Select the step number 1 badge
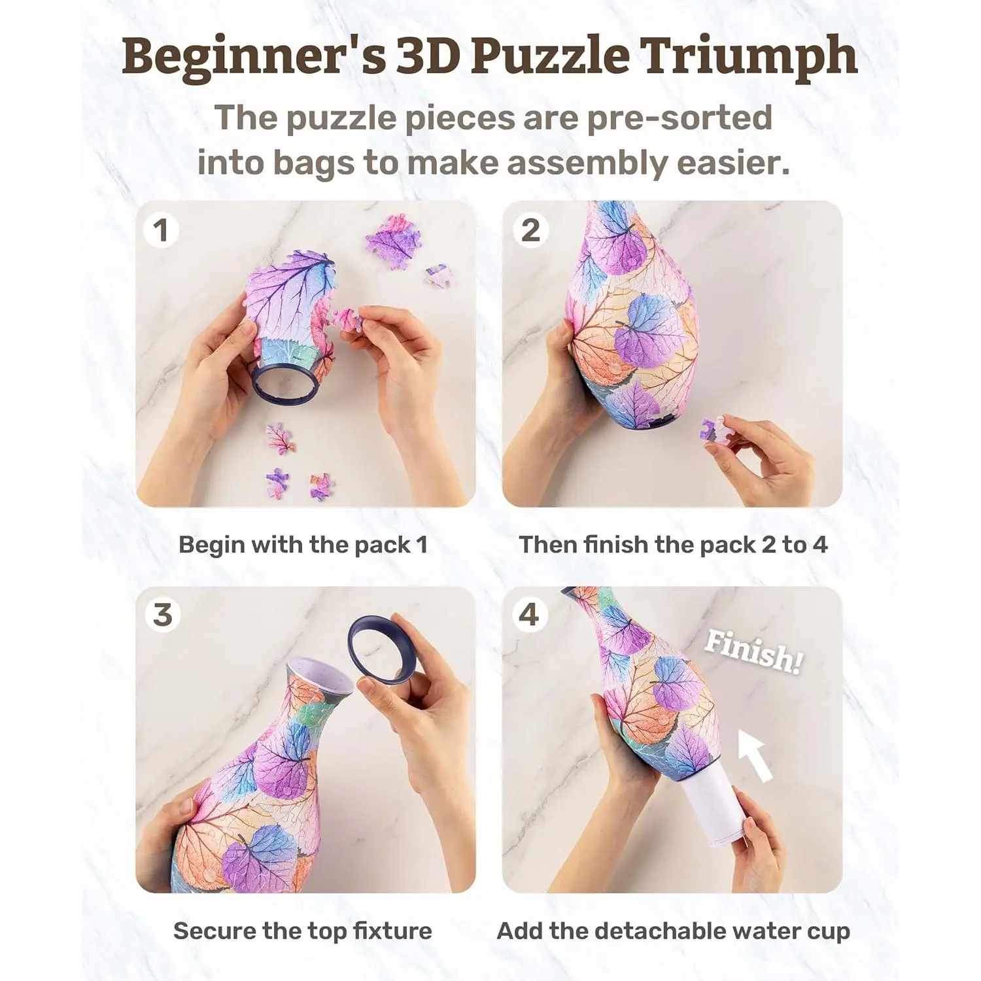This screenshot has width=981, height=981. coord(160,230)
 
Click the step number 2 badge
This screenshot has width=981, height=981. coord(530,230)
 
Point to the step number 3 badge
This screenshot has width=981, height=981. coord(162,615)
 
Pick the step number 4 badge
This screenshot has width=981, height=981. coord(528,615)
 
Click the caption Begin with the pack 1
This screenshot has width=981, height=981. coord(303,544)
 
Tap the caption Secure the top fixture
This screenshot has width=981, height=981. coord(303,931)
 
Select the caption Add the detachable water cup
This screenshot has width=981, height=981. coord(673,931)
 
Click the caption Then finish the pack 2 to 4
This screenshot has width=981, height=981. coord(673,544)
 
